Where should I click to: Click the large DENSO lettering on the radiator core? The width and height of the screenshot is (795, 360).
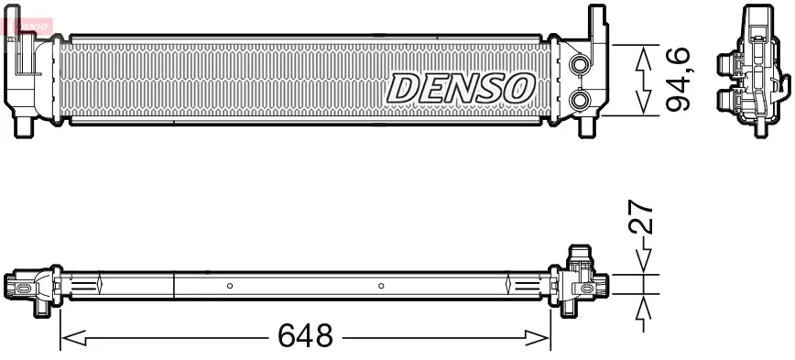[x=461, y=88]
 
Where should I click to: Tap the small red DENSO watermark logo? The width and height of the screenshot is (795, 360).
[x=27, y=23]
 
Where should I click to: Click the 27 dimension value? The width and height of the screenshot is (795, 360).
[x=645, y=218]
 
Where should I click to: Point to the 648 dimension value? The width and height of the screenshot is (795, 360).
[x=305, y=336]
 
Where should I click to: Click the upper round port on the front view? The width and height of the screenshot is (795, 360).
[x=580, y=65]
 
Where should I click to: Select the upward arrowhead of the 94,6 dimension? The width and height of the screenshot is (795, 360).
[x=644, y=58]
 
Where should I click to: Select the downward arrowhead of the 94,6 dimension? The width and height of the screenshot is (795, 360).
[x=644, y=104]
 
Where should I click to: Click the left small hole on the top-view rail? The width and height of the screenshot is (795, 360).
[x=230, y=286]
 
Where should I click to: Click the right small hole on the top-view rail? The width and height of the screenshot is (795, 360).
[x=381, y=286]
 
